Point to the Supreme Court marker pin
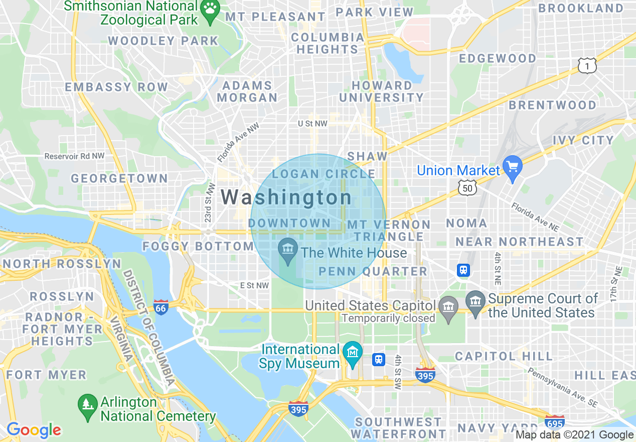click(x=475, y=301)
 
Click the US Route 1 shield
click(x=587, y=65)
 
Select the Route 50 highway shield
click(x=466, y=188)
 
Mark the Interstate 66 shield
click(x=161, y=307)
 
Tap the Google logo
click(x=34, y=430)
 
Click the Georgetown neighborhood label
click(x=119, y=178)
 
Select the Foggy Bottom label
click(x=198, y=246)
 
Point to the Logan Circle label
click(x=324, y=174)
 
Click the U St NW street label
click(x=312, y=123)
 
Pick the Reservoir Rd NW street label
click(x=74, y=156)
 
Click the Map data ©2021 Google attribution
click(x=575, y=435)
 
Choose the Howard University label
click(x=382, y=91)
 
